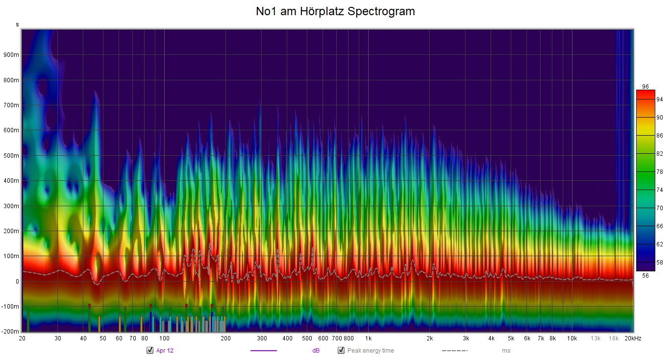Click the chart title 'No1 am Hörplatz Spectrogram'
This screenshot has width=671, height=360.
335,11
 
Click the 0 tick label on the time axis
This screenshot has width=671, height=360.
17,282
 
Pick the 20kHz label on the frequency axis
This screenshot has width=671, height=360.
632,338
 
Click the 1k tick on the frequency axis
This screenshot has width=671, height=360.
368,338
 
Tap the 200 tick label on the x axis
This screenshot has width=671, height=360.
225,338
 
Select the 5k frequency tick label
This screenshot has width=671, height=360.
511,338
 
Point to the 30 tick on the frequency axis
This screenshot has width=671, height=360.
58,338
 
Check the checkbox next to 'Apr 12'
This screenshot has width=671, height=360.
150,350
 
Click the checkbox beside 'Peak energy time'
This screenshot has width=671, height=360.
341,350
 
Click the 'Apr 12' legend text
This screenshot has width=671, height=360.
165,351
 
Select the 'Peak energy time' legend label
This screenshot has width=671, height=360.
370,351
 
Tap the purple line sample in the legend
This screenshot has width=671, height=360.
263,351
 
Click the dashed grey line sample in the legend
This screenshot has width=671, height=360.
454,351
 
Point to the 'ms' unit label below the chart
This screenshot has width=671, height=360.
506,351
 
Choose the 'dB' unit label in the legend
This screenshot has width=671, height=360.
316,351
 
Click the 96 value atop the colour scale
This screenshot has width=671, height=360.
645,87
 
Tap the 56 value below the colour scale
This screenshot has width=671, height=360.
645,276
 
